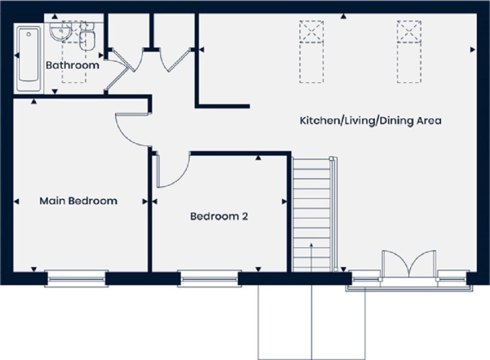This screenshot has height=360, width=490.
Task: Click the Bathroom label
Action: click(x=73, y=65)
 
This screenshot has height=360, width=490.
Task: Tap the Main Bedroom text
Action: click(x=78, y=201)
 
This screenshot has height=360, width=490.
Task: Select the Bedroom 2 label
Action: click(x=219, y=216)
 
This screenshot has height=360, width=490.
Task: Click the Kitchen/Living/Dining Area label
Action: click(x=371, y=120)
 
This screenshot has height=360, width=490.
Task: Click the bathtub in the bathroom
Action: click(x=29, y=59)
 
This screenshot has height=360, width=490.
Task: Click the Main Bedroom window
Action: click(x=77, y=278)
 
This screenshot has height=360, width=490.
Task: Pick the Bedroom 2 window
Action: click(x=209, y=278)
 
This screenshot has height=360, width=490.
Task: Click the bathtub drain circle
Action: click(x=29, y=35)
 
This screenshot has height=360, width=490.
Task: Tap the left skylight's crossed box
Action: click(x=312, y=32)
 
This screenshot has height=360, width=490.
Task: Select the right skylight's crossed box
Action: click(x=409, y=32)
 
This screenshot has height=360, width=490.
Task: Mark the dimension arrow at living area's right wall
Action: click(x=473, y=49)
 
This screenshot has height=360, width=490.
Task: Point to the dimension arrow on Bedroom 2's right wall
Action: click(x=284, y=202)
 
